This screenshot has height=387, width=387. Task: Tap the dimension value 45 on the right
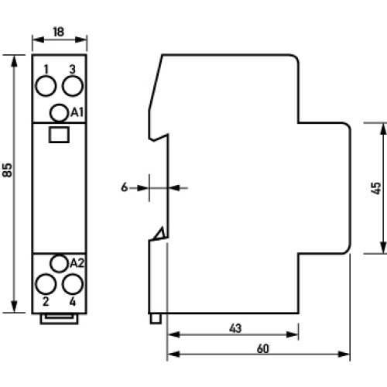pyautogui.click(x=375, y=187)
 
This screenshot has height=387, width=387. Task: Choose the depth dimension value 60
pyautogui.click(x=263, y=349)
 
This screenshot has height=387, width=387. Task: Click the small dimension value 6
pyautogui.click(x=124, y=187)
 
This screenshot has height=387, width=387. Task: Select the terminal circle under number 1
pyautogui.click(x=45, y=84)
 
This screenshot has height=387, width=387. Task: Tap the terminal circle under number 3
pyautogui.click(x=72, y=84)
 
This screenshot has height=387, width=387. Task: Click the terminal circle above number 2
pyautogui.click(x=45, y=284)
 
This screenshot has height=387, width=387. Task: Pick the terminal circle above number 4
pyautogui.click(x=72, y=284)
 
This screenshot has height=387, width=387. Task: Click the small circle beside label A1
pyautogui.click(x=58, y=113)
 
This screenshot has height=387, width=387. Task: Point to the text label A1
pyautogui.click(x=77, y=113)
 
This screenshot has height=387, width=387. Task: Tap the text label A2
pyautogui.click(x=76, y=263)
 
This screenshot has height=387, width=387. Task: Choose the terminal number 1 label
pyautogui.click(x=46, y=69)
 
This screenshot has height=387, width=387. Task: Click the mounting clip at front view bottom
pyautogui.click(x=59, y=317)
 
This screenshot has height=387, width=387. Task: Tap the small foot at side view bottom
pyautogui.click(x=156, y=318)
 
